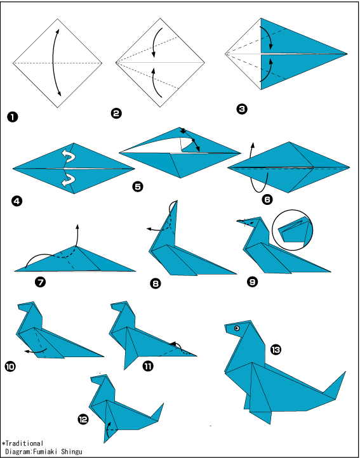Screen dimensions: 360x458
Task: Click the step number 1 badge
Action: tap(12, 117)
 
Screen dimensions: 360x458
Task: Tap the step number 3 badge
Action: tap(242, 109)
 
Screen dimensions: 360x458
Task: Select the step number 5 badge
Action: tap(138, 186)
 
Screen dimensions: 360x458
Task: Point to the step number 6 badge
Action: tap(267, 199)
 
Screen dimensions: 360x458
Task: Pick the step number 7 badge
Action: tap(40, 282)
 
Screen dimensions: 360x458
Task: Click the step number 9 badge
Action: tap(252, 282)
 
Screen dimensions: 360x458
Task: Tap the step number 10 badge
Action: tap(10, 366)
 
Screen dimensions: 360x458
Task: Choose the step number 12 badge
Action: tap(83, 419)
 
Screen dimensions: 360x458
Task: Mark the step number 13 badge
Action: tap(275, 350)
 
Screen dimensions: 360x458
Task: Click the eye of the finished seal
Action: tap(237, 329)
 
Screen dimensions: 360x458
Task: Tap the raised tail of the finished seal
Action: tap(336, 385)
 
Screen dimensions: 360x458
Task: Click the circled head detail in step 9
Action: tap(292, 230)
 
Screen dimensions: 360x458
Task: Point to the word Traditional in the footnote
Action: tap(24, 443)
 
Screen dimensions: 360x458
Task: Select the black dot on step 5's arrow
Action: tap(193, 140)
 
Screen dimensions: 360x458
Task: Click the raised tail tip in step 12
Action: tap(163, 404)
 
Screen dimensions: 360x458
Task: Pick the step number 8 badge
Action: tap(156, 283)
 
